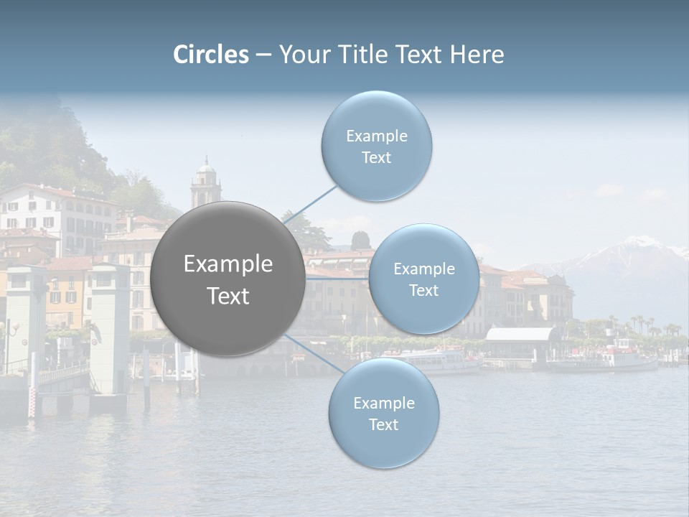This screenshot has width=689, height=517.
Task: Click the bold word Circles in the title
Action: [211, 55]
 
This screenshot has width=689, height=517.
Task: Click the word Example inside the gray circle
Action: [228, 264]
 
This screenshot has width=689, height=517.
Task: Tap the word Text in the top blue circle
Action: [376, 158]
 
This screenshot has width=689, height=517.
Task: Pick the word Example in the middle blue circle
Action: [423, 269]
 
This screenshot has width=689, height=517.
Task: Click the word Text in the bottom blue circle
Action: [383, 424]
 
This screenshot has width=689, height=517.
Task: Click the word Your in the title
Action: [301, 55]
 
